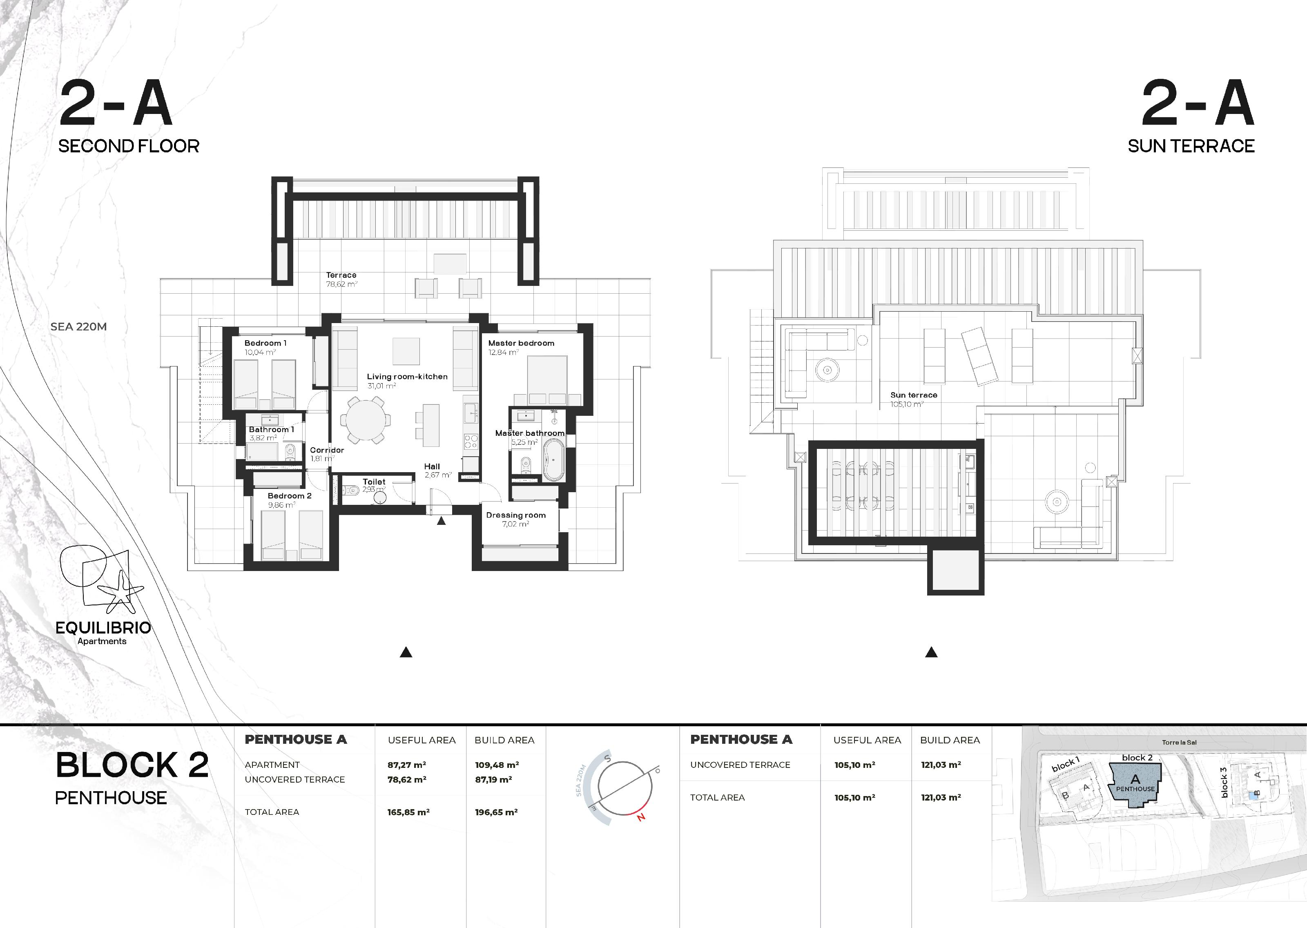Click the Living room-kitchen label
tap(407, 377)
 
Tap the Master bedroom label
tap(521, 343)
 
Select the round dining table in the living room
tap(366, 420)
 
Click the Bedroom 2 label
tap(290, 495)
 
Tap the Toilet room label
tap(374, 482)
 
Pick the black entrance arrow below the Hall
tap(441, 521)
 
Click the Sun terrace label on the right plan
tap(914, 395)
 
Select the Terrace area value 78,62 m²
tap(341, 284)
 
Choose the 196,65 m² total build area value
tap(496, 812)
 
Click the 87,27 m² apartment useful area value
tap(407, 765)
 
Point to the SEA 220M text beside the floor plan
tap(79, 327)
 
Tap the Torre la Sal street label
tap(1179, 742)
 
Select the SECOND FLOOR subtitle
tap(129, 146)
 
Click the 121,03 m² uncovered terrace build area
tap(941, 765)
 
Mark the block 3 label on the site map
tap(1224, 782)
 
